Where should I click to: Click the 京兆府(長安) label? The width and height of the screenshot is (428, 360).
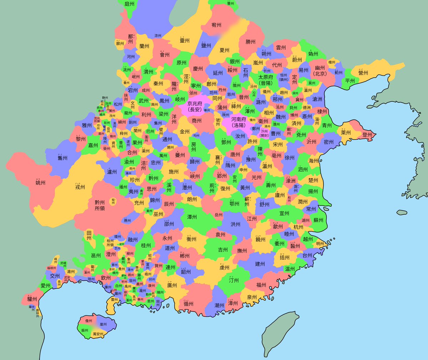[x=195, y=106]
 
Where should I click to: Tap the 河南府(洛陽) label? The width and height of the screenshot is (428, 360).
[x=239, y=122]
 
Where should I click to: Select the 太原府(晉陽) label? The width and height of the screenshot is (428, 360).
[x=266, y=80]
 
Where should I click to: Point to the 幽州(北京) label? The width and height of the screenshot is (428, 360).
[x=320, y=71]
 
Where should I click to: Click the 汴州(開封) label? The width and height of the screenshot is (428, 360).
[x=264, y=133]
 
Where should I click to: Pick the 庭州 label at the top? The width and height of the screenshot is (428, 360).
[x=129, y=4]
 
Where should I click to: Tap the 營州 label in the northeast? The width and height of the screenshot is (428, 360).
[x=363, y=73]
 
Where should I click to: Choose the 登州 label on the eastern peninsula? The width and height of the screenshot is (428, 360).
[x=367, y=135]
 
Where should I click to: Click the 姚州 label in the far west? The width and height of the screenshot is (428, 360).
[x=40, y=183]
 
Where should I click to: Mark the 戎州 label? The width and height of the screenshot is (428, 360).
[x=80, y=187]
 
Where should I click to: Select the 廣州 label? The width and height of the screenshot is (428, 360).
[x=172, y=285]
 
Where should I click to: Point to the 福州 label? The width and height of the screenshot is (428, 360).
[x=261, y=285]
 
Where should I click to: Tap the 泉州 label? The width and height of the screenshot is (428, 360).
[x=251, y=297]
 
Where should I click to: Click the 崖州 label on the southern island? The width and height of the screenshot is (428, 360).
[x=103, y=324]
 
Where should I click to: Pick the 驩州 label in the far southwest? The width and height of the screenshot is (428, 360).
[x=32, y=299]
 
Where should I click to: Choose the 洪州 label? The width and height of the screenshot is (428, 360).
[x=235, y=224]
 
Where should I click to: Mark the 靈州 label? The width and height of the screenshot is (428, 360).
[x=184, y=41]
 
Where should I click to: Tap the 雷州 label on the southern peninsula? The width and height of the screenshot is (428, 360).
[x=114, y=300]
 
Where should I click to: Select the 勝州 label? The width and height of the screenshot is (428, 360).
[x=250, y=42]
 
